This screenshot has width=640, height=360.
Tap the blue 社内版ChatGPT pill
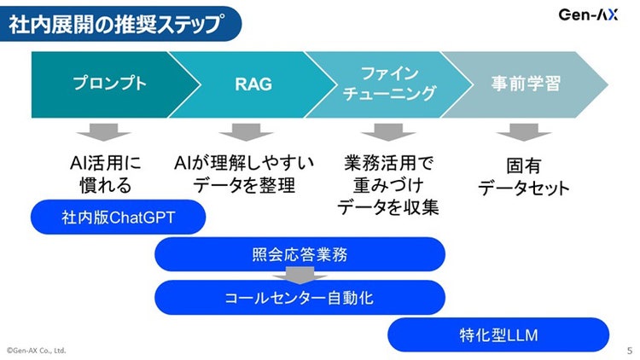coord(119,218)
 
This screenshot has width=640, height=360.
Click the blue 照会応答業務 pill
coord(300,254)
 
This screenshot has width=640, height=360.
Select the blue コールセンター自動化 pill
coord(300,298)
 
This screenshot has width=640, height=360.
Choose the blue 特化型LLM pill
coord(498,334)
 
